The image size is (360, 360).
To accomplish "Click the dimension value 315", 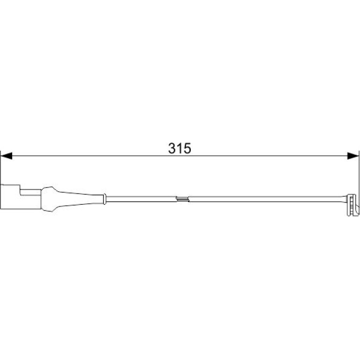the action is [x=180, y=148].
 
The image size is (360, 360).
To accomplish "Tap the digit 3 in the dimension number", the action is [x=172, y=148].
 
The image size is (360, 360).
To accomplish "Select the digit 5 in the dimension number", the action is [x=187, y=148].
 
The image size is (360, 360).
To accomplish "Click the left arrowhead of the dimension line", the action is [x=6, y=156].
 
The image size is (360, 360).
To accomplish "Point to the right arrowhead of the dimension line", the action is [x=353, y=156].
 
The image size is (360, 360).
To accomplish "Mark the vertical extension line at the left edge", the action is [x=0, y=180].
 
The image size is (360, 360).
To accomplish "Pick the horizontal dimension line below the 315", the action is [x=180, y=156].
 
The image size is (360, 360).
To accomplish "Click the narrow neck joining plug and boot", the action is [x=30, y=193].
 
